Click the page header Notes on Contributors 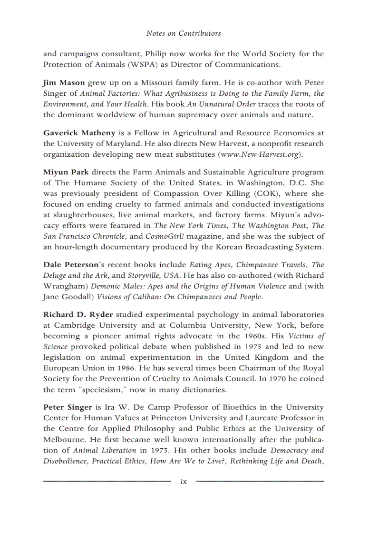pos(184,33)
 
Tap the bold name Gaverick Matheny pos(73,133)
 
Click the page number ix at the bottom pos(184,482)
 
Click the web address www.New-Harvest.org pos(260,155)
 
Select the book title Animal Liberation pos(105,450)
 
